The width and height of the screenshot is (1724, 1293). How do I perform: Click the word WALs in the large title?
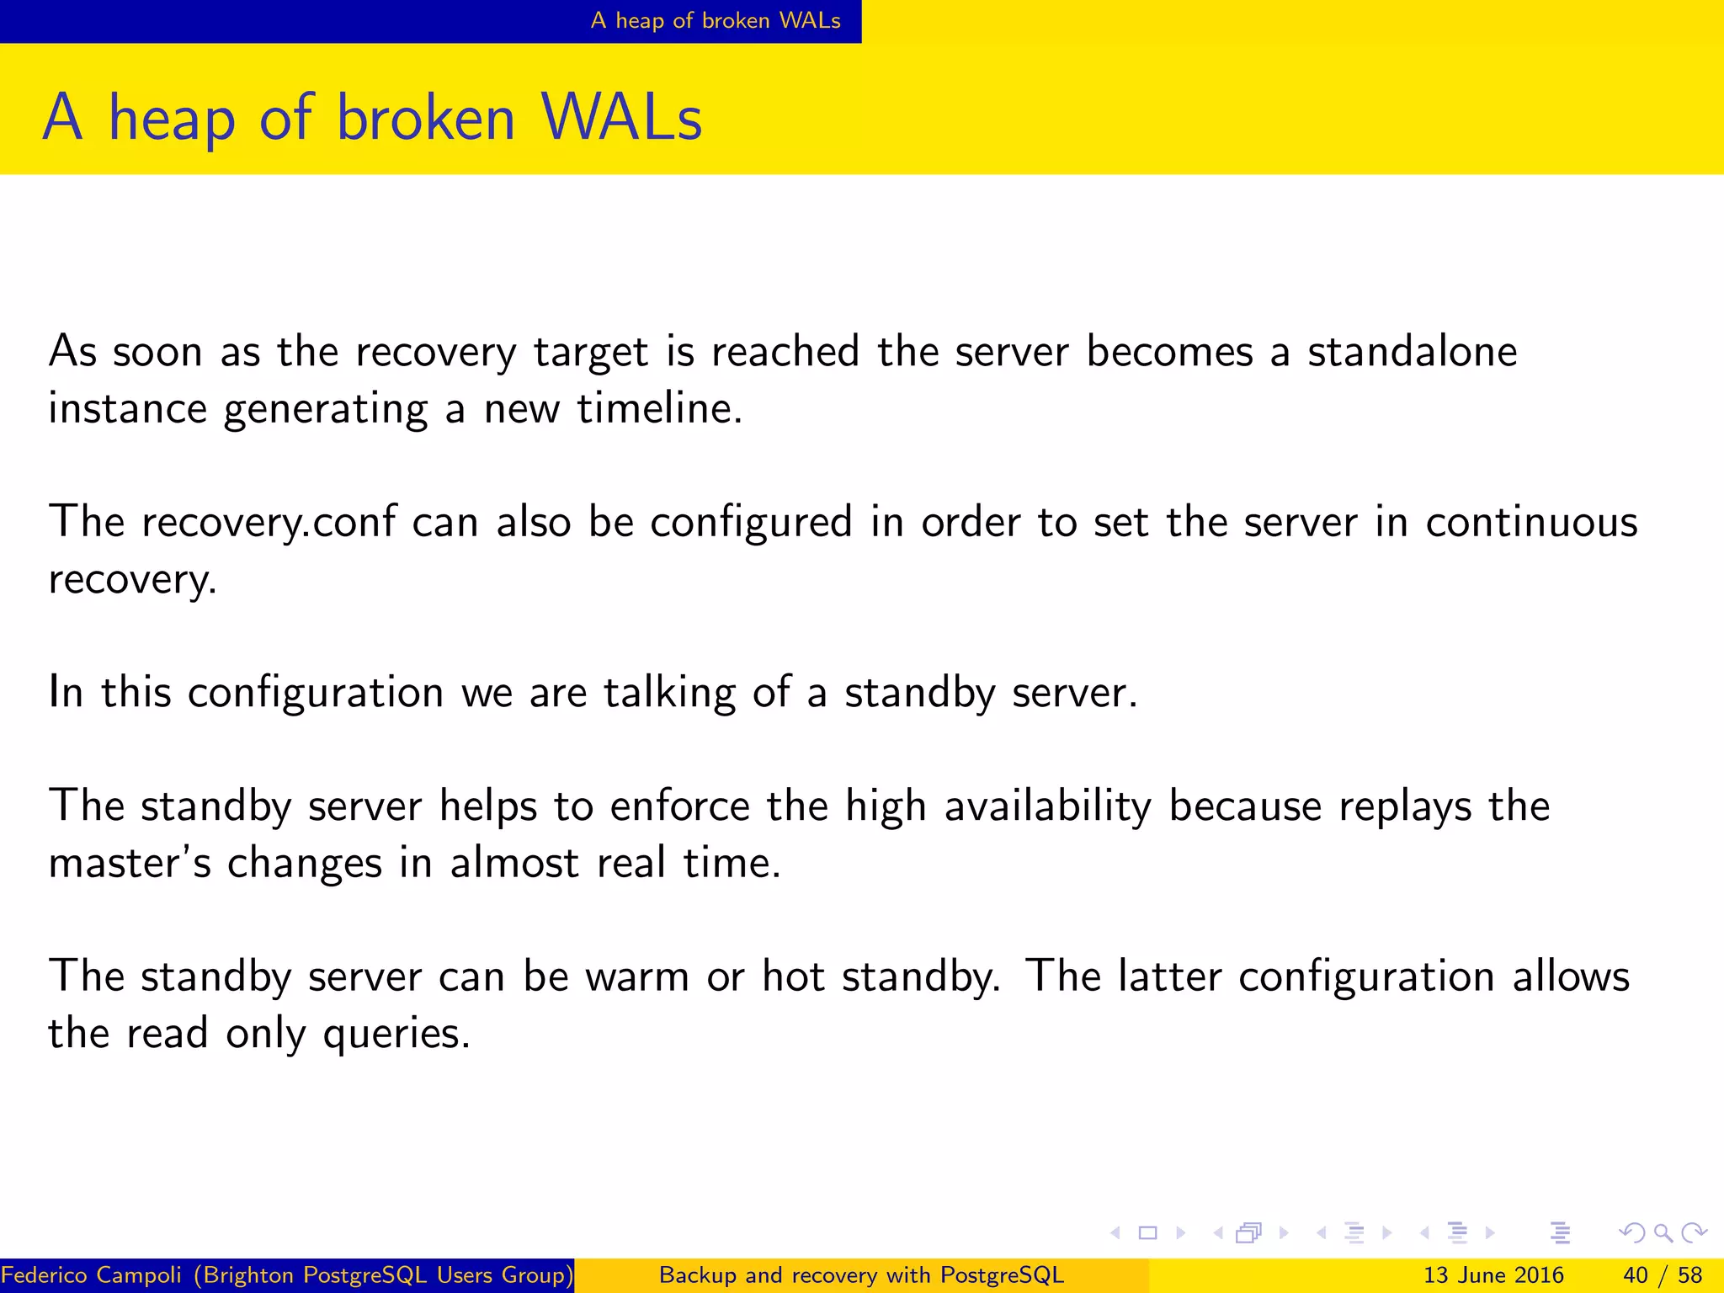pos(621,118)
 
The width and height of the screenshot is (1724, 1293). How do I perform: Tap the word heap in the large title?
pos(172,120)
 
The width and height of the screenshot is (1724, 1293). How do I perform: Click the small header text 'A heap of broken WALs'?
pos(716,20)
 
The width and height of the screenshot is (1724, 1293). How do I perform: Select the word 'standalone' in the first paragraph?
pos(1412,351)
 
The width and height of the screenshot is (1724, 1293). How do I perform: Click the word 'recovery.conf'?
pos(268,522)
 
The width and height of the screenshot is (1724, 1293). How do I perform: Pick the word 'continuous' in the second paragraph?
pos(1531,522)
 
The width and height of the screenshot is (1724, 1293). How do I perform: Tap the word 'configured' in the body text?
pos(751,522)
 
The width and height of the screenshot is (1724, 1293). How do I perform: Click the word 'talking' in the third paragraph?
pos(669,693)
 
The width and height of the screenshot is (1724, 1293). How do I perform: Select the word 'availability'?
pos(1047,806)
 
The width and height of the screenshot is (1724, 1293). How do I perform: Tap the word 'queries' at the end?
pos(396,1034)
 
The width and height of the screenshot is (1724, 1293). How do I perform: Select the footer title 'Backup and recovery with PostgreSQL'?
pos(861,1275)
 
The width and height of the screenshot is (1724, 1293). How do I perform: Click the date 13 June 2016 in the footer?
pos(1493,1275)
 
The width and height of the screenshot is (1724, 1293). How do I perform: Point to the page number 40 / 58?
pos(1662,1275)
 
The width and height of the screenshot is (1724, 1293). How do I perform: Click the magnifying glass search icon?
pos(1663,1233)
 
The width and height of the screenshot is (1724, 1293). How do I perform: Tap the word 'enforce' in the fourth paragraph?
pos(679,806)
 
